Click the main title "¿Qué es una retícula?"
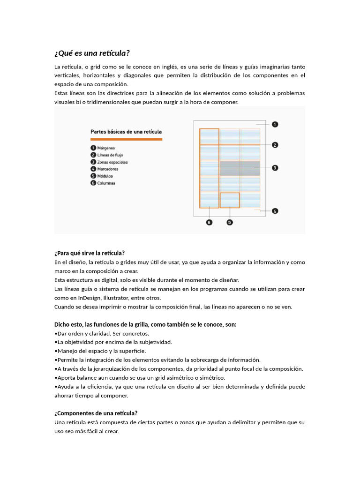pyautogui.click(x=92, y=53)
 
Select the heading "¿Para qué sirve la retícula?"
pyautogui.click(x=90, y=253)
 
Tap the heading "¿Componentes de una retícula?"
pyautogui.click(x=96, y=413)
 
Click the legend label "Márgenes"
pyautogui.click(x=106, y=148)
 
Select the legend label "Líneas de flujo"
pyautogui.click(x=110, y=155)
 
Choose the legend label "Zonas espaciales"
pyautogui.click(x=112, y=162)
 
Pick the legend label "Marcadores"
pyautogui.click(x=108, y=169)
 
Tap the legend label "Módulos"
pyautogui.click(x=106, y=176)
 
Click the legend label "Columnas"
pyautogui.click(x=106, y=183)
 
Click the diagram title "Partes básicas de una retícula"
pyautogui.click(x=126, y=132)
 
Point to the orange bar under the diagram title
pyautogui.click(x=126, y=139)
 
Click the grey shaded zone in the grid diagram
pyautogui.click(x=240, y=168)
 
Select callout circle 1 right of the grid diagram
pyautogui.click(x=275, y=124)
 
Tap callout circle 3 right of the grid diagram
pyautogui.click(x=275, y=167)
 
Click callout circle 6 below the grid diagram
pyautogui.click(x=209, y=222)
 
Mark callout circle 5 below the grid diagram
pyautogui.click(x=230, y=222)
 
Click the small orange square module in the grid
pyautogui.click(x=230, y=200)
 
